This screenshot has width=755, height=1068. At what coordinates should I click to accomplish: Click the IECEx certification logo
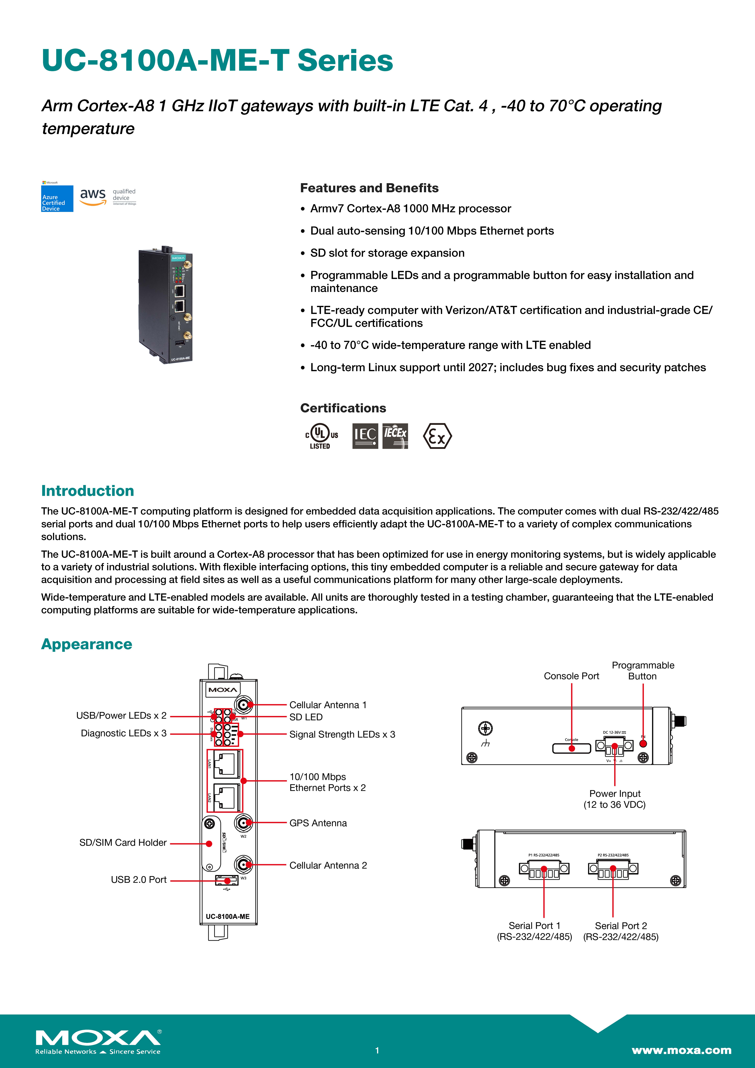[395, 436]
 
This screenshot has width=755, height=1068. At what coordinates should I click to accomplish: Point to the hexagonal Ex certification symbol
[437, 436]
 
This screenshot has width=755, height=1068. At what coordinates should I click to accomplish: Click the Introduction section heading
[87, 491]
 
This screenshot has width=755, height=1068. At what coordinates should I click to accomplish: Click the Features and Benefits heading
[369, 188]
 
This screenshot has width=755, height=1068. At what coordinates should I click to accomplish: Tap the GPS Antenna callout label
[318, 823]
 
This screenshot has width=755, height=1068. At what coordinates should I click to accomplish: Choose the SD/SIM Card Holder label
[123, 842]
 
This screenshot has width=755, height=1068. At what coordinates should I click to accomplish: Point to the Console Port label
[571, 676]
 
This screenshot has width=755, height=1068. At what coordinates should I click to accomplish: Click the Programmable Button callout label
[642, 671]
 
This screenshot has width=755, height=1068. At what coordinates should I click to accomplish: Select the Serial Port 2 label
[621, 931]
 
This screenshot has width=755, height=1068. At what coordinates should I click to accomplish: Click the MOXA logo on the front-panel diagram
[222, 689]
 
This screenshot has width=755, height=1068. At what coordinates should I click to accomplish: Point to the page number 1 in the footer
[377, 1050]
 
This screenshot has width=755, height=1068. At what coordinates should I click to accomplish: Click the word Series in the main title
[345, 61]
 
